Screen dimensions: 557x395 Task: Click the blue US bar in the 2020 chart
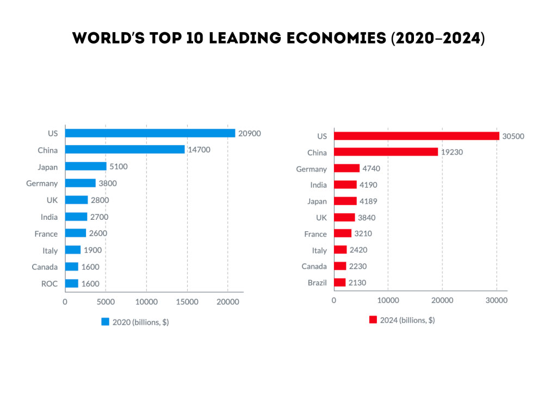150,133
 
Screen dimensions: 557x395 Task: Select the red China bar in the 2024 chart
386,152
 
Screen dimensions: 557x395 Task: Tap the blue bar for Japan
86,166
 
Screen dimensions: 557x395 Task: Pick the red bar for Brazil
340,282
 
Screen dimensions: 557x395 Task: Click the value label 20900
249,133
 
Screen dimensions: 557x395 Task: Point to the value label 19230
452,152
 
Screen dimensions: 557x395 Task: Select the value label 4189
368,201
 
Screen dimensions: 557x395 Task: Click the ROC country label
49,284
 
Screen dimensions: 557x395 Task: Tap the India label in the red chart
318,184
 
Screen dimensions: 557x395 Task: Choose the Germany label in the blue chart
42,184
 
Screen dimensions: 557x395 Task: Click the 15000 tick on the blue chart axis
187,302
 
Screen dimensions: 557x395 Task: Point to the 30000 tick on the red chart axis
497,300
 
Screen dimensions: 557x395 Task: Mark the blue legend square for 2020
105,322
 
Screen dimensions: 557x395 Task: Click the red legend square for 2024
373,320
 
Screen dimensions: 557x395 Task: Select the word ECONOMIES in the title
336,38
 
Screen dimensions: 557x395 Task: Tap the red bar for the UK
344,218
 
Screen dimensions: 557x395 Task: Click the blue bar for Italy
73,250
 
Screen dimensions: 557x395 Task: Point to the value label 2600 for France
98,233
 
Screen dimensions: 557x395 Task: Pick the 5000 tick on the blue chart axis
106,302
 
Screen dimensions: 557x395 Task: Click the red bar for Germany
347,168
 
